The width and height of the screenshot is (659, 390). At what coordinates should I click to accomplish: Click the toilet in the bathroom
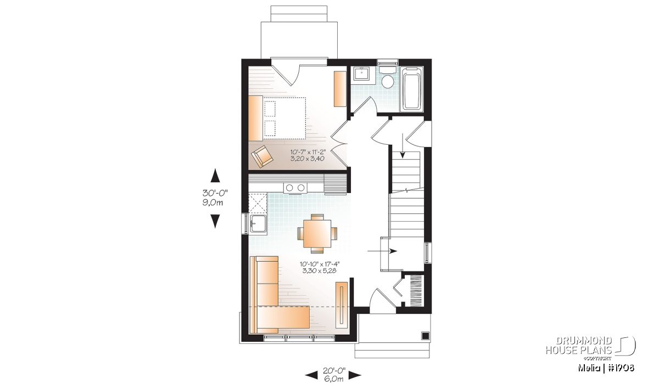(388, 77)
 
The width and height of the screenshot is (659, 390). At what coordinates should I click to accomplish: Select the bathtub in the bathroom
(412, 89)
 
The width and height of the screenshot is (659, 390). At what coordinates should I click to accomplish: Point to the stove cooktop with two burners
(295, 188)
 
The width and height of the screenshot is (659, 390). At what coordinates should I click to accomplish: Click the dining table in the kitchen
(317, 234)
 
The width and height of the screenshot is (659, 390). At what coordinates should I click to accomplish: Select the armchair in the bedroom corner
(262, 156)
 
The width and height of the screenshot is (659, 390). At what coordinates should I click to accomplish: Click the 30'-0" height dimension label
(215, 193)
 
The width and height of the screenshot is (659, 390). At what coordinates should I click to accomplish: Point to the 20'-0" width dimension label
(334, 370)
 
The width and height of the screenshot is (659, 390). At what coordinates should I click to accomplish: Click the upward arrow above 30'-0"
(215, 176)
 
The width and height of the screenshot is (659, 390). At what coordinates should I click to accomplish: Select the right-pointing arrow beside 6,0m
(355, 375)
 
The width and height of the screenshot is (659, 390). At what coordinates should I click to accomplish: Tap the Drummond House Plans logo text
(579, 346)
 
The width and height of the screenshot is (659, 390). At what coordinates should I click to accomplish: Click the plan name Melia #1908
(606, 368)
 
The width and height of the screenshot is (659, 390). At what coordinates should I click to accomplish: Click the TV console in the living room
(341, 305)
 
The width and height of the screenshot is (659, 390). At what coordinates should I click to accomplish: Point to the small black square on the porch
(425, 336)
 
